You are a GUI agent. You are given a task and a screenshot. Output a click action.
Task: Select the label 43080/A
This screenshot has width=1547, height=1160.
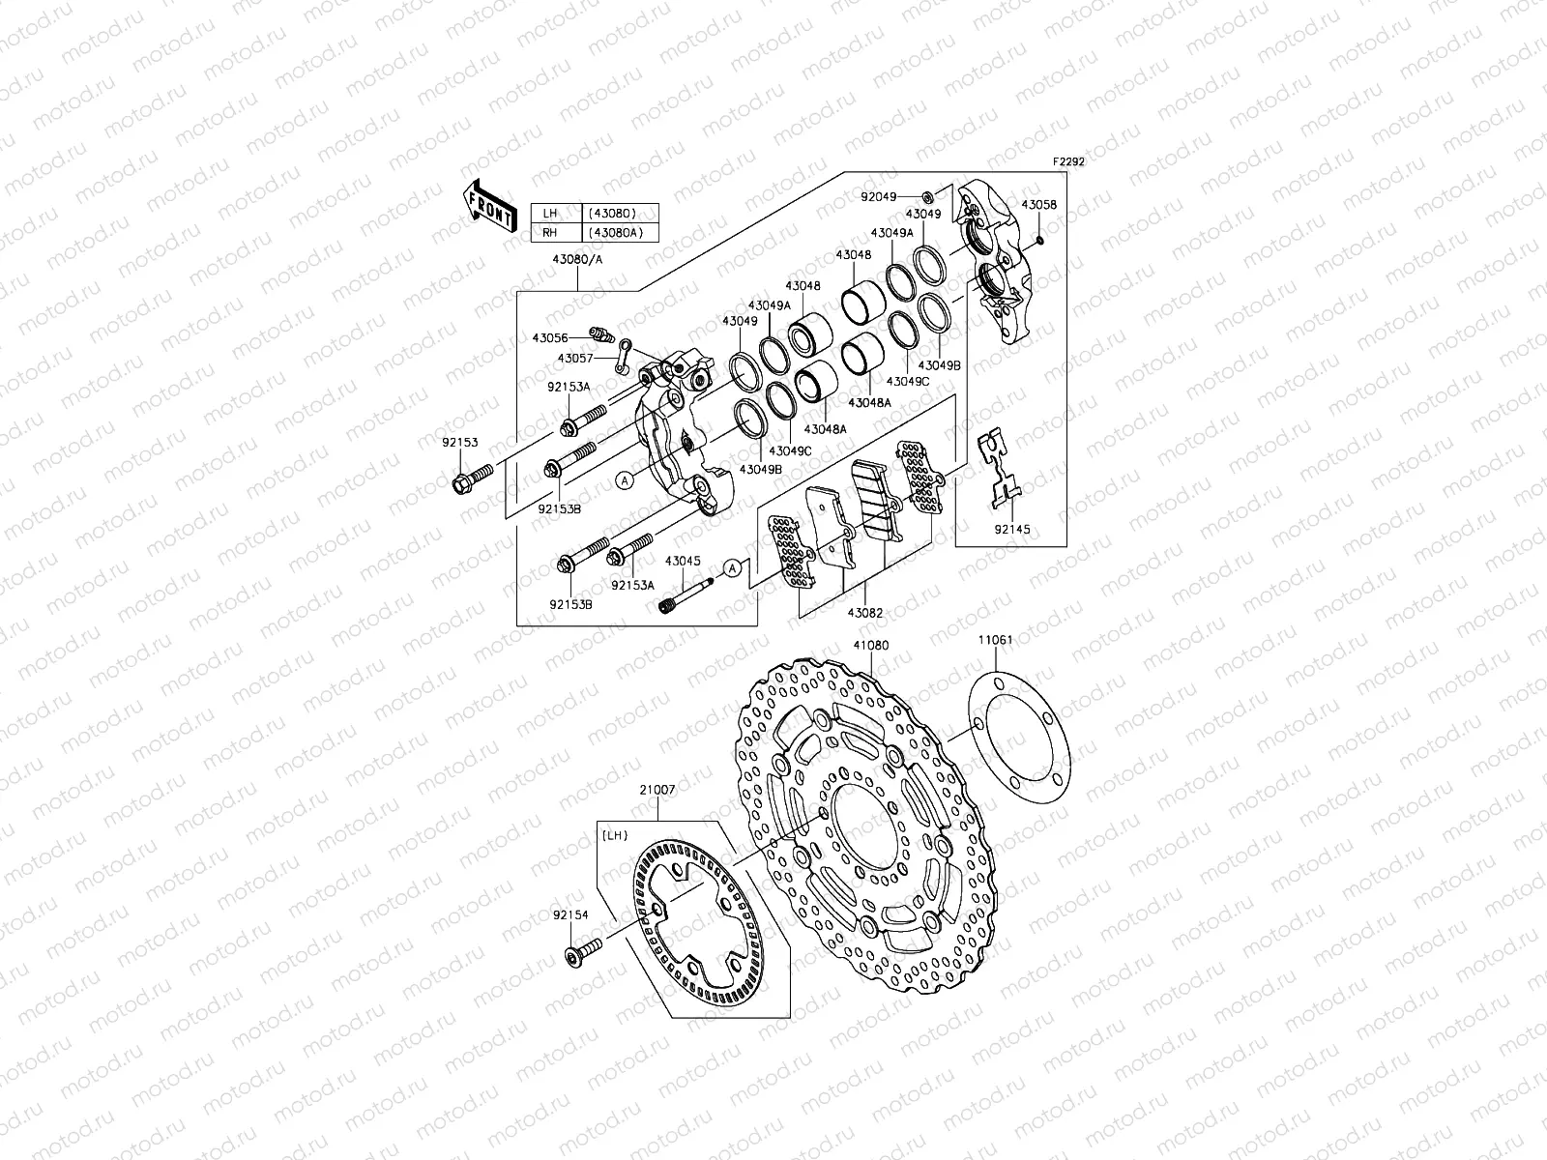click(576, 259)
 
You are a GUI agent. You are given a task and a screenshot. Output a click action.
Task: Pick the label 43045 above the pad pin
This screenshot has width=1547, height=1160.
click(682, 561)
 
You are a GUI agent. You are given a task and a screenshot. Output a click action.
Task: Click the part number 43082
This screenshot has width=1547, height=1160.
click(867, 613)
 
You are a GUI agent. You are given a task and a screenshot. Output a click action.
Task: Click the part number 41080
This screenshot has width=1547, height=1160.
click(871, 645)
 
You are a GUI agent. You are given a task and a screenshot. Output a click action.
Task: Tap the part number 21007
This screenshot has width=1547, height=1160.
click(657, 789)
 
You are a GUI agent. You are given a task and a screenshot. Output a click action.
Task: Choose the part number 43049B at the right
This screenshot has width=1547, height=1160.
click(938, 366)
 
